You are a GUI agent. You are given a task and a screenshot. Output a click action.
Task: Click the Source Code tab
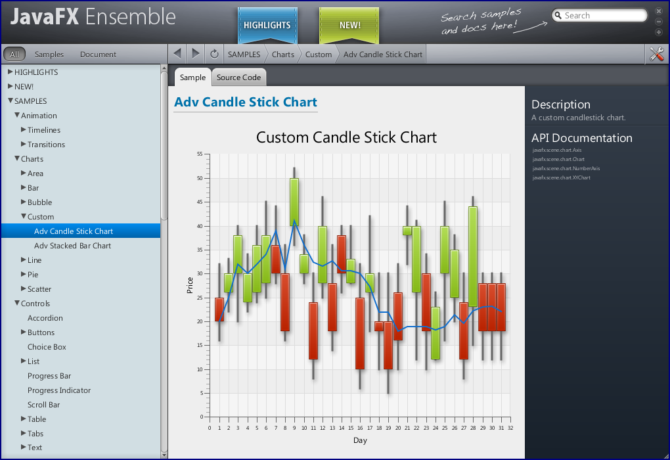238,78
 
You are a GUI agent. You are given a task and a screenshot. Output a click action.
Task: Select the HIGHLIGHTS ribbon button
267,26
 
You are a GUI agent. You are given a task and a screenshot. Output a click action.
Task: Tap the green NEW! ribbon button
349,26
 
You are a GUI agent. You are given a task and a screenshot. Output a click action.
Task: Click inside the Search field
603,16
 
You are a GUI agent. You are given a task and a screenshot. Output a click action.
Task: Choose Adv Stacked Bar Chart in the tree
72,246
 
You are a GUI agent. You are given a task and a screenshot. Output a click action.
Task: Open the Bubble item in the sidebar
39,202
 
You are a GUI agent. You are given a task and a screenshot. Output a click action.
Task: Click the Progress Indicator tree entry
59,390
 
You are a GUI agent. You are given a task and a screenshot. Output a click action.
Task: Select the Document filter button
98,55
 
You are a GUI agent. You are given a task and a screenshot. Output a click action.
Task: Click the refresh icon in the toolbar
214,54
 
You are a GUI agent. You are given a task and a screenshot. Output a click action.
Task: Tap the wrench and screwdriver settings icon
656,55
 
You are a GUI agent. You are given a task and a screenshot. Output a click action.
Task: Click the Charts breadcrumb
283,55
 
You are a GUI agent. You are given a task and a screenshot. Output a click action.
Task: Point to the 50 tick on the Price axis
199,178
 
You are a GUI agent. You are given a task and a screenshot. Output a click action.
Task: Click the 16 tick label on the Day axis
361,428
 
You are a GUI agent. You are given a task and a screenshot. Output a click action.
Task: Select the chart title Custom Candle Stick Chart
346,137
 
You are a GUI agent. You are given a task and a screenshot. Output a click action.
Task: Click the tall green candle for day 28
473,256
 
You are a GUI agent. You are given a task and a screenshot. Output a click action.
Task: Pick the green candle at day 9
294,202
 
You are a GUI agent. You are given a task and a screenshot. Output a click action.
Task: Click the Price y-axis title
190,285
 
